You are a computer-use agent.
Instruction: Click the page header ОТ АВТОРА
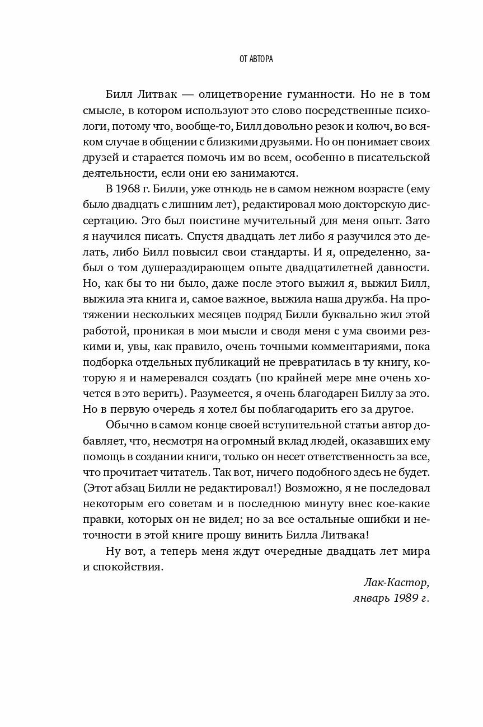(x=241, y=58)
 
